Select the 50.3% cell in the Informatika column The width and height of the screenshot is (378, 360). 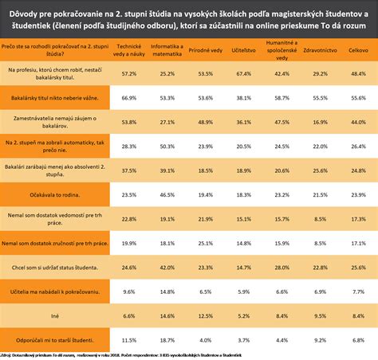click(166, 147)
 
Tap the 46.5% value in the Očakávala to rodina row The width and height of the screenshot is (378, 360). click(166, 194)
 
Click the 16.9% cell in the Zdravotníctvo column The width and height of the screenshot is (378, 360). click(320, 122)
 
